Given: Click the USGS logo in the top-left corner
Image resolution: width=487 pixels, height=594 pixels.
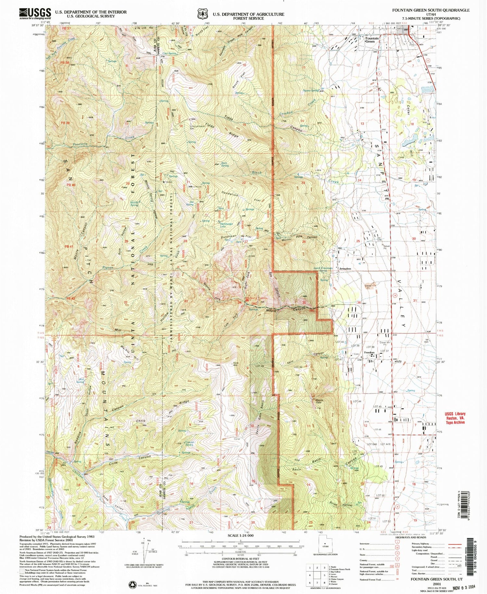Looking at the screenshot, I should click(x=35, y=14).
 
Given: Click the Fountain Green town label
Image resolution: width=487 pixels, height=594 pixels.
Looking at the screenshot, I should click(x=370, y=40).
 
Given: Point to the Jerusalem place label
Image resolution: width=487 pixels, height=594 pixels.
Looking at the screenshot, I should click(x=345, y=269).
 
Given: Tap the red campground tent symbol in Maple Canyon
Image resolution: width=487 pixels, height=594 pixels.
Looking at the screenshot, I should click(x=247, y=300).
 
